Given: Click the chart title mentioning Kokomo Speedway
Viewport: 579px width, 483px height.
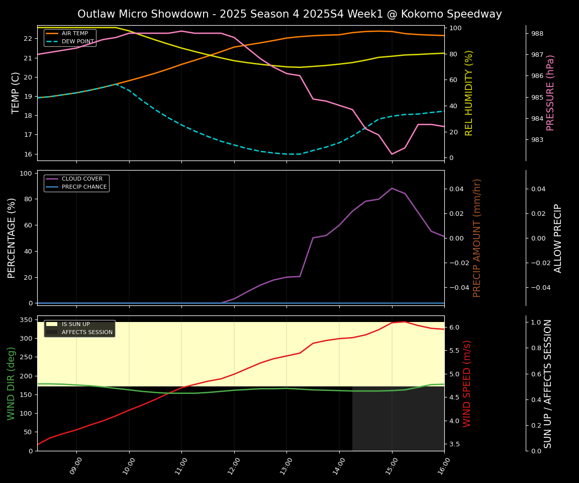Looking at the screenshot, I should pos(289,14).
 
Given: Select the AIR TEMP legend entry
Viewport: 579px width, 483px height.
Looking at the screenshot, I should pos(74,33).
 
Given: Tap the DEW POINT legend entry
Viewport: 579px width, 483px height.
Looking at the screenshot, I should pos(77,41).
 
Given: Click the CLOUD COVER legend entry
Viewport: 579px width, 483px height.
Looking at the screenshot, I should pos(82,179).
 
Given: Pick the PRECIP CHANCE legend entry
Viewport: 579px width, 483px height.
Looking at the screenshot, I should pos(84,187).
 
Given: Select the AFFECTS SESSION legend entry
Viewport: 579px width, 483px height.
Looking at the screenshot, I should pos(87,332).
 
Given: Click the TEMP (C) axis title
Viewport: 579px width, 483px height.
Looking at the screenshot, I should pos(16,93).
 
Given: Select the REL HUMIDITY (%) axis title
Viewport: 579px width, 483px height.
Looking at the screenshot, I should pos(469,93).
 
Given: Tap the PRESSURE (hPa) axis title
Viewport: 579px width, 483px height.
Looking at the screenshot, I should pos(550,93).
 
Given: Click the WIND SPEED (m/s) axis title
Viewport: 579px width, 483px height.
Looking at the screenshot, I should pos(467,383).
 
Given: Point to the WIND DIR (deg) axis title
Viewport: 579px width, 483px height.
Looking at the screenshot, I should pos(11,383).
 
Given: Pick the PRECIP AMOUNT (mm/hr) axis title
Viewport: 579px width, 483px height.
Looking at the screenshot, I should pos(477,237).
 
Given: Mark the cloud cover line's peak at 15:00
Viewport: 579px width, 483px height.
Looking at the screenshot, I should pos(392,188).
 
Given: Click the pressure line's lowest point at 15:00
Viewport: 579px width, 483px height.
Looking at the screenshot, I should pos(392,154).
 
